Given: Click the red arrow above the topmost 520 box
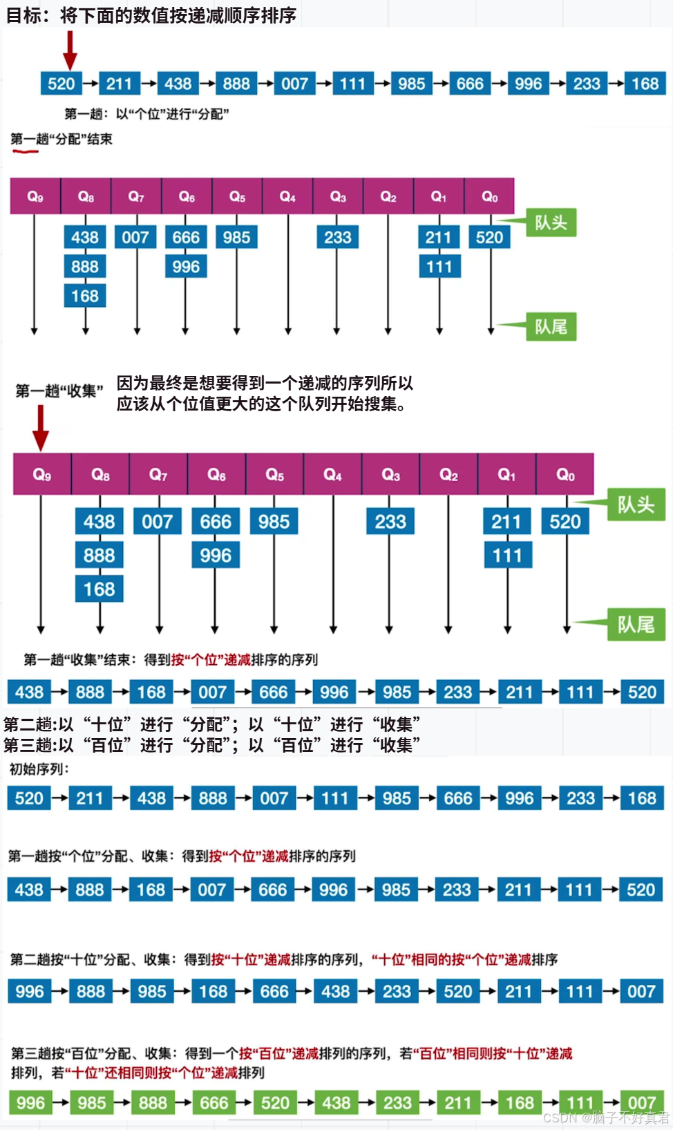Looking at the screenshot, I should pos(70,50).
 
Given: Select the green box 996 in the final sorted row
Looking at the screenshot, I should pos(30,1102).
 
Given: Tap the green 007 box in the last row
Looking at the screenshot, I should pos(641,1102).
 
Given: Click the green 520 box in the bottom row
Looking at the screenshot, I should pos(275,1102).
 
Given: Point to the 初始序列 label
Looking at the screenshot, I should pos(39,769).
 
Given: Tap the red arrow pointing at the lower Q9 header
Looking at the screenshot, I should pos(41,427).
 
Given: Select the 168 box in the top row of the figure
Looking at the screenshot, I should pos(645,84).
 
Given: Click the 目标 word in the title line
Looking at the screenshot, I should pos(23,15).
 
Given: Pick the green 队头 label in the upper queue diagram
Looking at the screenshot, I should pos(551,223).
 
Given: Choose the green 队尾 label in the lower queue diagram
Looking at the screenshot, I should pos(636,625).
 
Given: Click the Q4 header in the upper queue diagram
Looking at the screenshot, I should pos(287,197).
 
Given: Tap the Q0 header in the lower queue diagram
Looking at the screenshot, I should pos(565,475).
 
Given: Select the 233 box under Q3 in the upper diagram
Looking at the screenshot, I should pos(338,238).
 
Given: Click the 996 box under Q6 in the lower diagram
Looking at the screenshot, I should pos(216,555).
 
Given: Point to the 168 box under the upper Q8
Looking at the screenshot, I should pos(85,296).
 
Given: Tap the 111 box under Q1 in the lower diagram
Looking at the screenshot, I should pos(507,555).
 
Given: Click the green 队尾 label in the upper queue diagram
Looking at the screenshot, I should pos(551,326).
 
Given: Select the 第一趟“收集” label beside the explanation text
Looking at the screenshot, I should pos(59,391).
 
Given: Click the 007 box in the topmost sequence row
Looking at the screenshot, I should pos(294,84).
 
